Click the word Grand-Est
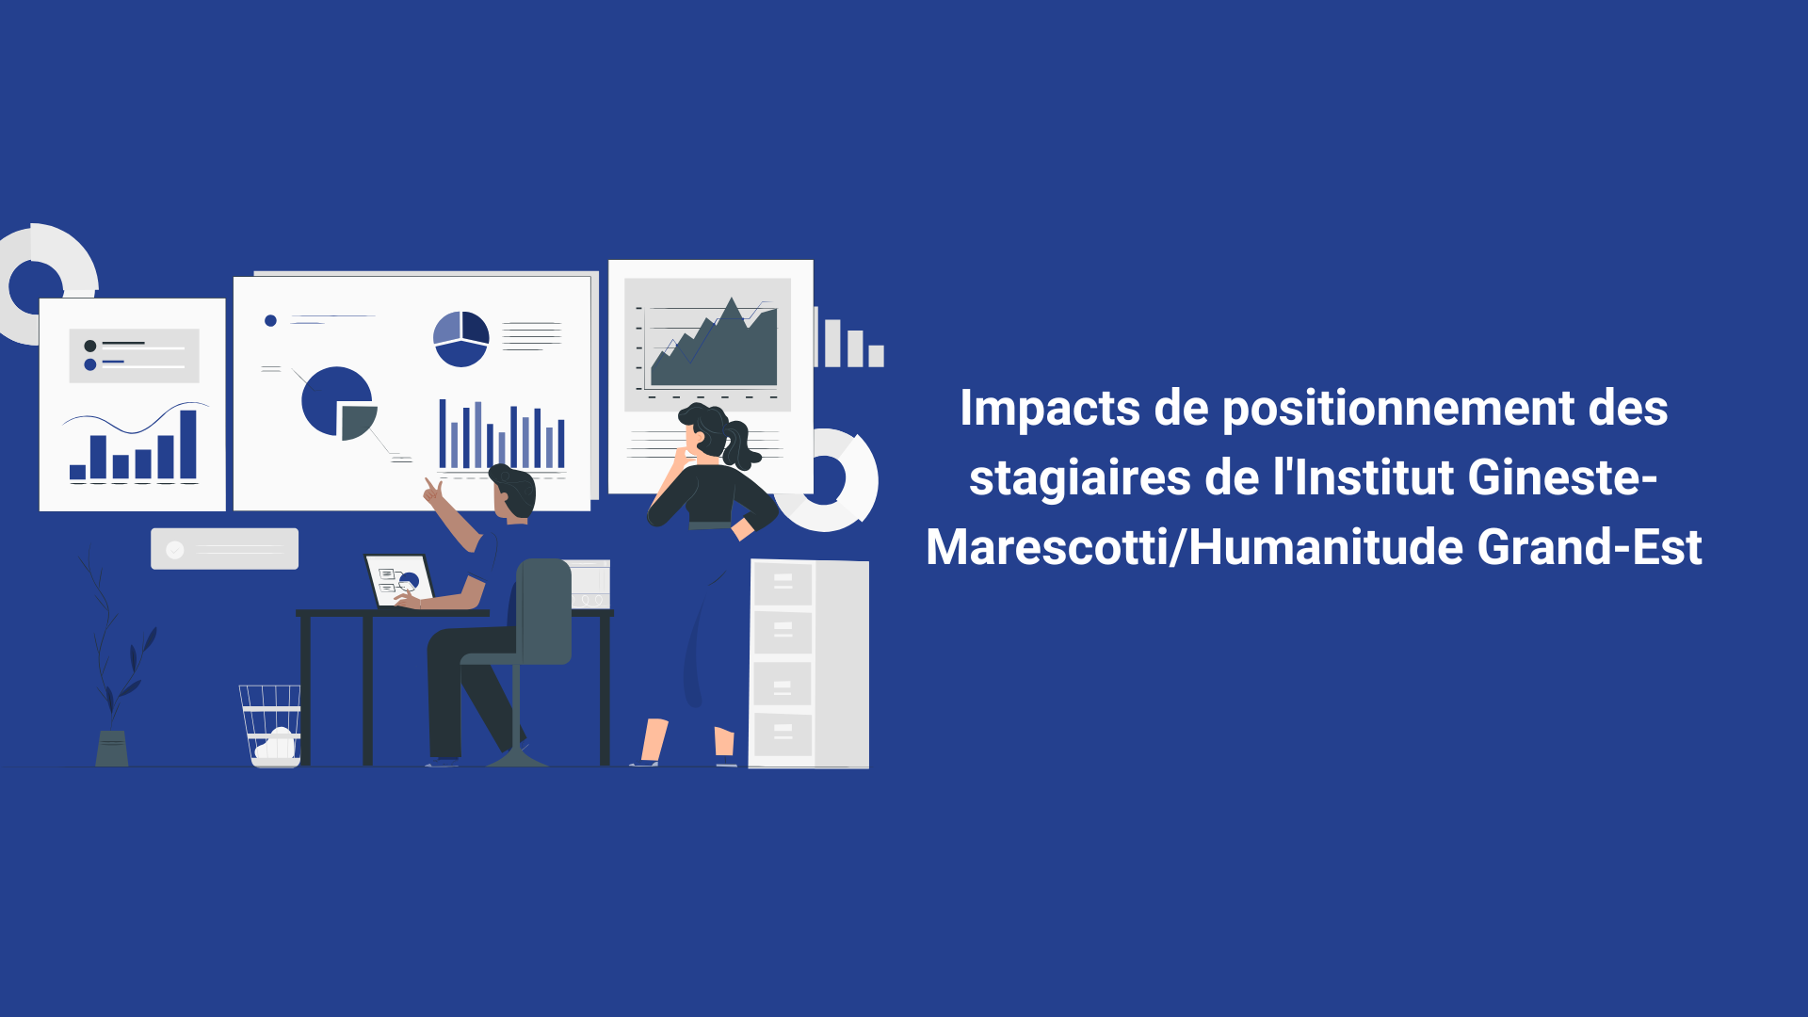click(x=1590, y=547)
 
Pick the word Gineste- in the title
click(x=1562, y=476)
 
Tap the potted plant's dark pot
click(x=112, y=748)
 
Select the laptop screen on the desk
click(x=399, y=579)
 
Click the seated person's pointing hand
click(x=433, y=491)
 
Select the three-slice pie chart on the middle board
click(x=460, y=338)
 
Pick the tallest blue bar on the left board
click(x=188, y=444)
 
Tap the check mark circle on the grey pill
click(x=175, y=550)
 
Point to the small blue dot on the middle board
click(x=270, y=321)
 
